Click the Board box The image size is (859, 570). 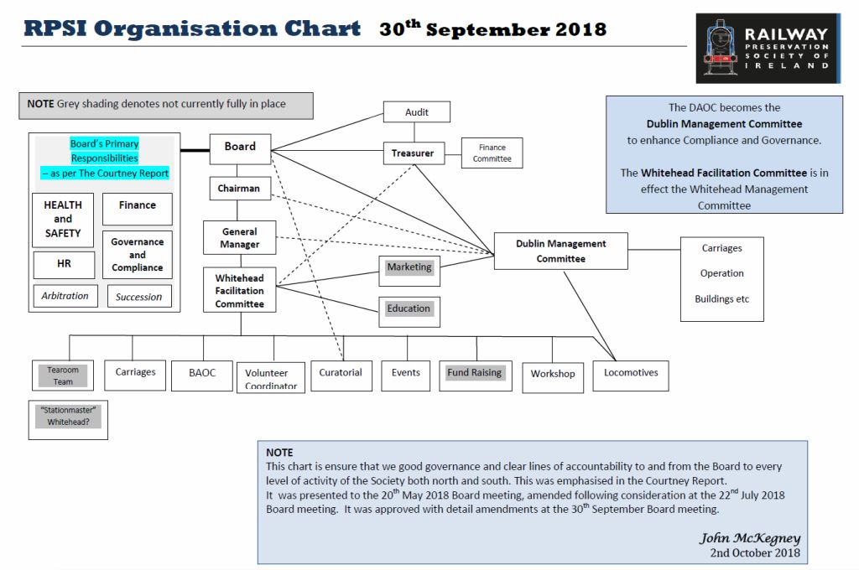240,148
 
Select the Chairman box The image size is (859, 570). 239,189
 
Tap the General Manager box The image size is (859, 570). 240,238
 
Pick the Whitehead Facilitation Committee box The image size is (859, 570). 240,290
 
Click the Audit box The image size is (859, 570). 417,112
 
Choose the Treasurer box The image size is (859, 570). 413,153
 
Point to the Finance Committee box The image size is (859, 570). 492,153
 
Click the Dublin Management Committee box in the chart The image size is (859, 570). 560,251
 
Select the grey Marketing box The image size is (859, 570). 409,267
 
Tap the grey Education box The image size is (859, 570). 409,308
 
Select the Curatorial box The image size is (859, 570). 341,374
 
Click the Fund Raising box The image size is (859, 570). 475,373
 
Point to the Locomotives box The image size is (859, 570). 631,374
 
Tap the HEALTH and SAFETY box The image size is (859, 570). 63,219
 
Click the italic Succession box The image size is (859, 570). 138,297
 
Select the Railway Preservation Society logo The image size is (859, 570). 768,48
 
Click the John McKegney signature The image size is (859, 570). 749,538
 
